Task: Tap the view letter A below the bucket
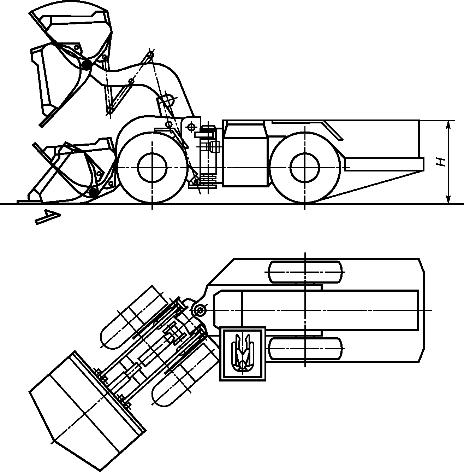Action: [48, 217]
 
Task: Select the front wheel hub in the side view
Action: [152, 167]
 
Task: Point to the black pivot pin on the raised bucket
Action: [87, 65]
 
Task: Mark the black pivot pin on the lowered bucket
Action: [93, 193]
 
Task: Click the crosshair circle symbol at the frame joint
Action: [191, 127]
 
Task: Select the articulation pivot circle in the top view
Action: [200, 310]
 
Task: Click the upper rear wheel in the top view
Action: [305, 272]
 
